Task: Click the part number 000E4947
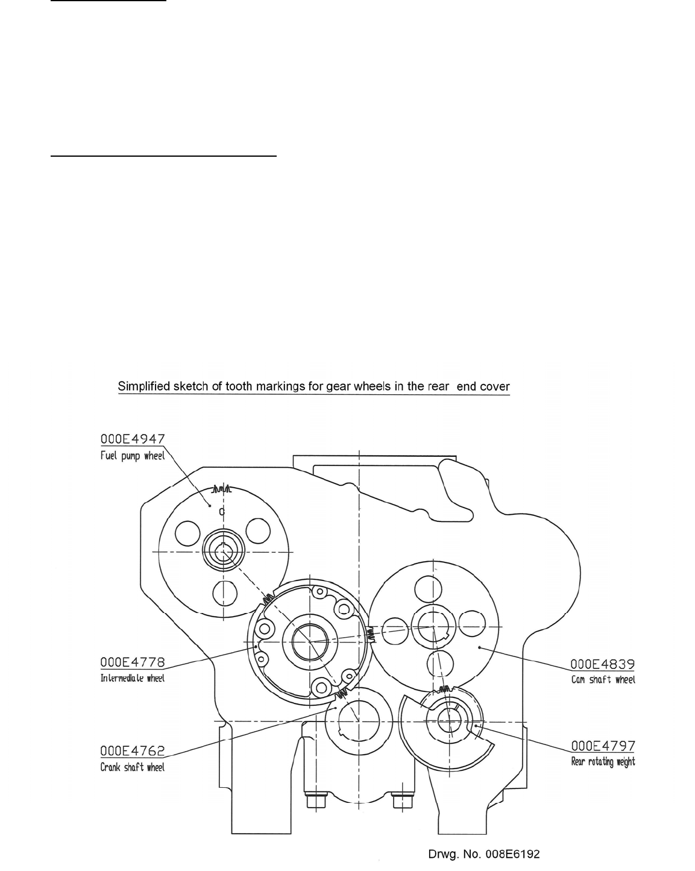(x=132, y=440)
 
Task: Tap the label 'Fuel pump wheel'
(x=132, y=456)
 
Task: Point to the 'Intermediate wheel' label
(x=132, y=678)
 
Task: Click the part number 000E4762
(x=132, y=751)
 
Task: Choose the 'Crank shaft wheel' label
(x=132, y=767)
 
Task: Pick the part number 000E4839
(x=603, y=664)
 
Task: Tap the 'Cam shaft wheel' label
(x=603, y=679)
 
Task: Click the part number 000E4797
(x=603, y=746)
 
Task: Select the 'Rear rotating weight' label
(x=603, y=762)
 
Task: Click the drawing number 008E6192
(x=483, y=854)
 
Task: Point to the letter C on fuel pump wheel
(x=222, y=512)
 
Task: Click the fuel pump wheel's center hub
(x=222, y=552)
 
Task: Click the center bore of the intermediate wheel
(x=309, y=641)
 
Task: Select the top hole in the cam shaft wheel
(x=433, y=590)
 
